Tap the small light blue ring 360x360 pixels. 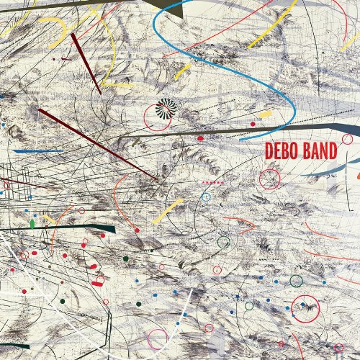206,197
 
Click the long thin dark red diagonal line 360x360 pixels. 97,144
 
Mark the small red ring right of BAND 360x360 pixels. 348,139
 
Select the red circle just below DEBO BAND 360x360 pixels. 269,179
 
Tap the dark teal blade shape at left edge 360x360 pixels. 58,229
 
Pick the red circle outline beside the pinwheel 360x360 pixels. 156,116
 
